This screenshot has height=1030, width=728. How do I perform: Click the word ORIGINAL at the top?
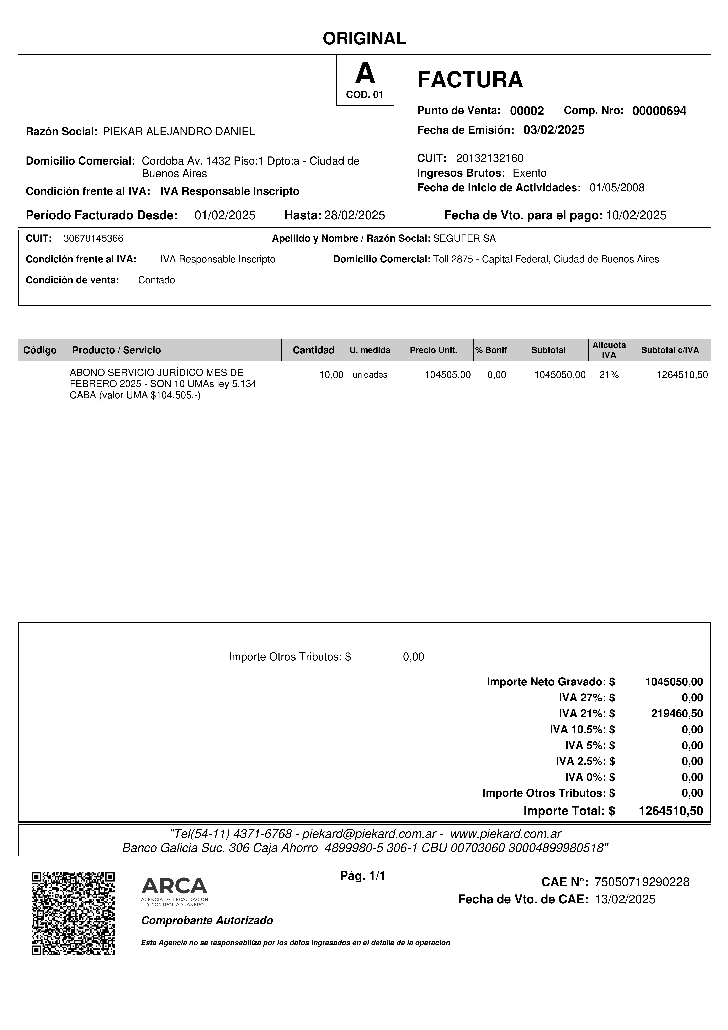(x=364, y=39)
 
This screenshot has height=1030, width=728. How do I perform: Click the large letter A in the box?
(x=365, y=73)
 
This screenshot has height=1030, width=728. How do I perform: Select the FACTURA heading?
(x=470, y=80)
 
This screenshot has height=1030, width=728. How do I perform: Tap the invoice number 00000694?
(x=659, y=111)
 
